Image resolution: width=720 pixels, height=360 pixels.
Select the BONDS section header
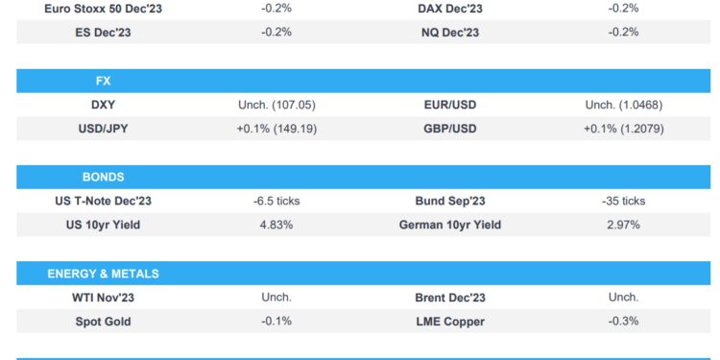pos(102,177)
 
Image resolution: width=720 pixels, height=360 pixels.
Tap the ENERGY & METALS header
pos(102,274)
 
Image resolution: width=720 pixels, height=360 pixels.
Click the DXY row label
pos(103,105)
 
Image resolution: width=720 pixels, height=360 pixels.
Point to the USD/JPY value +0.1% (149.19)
pos(276,128)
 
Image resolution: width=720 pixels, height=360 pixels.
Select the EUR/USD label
pos(450,105)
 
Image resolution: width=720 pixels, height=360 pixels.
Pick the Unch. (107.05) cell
pos(276,105)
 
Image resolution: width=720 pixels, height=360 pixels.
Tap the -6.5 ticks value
pos(276,202)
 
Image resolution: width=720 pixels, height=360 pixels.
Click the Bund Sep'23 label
pos(450,202)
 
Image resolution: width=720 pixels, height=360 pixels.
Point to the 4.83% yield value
pos(276,225)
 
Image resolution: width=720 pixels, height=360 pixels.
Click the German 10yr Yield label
pos(450,225)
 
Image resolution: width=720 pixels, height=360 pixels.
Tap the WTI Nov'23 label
pos(103,298)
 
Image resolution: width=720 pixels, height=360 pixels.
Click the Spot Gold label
pos(103,321)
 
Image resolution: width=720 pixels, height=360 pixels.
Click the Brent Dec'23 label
pos(450,298)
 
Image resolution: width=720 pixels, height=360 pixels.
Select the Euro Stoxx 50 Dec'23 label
pos(103,8)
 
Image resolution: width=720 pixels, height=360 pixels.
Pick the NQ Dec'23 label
pos(450,32)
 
